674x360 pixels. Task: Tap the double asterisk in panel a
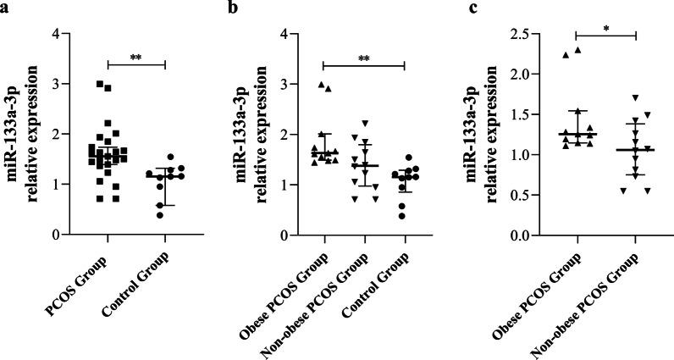click(135, 58)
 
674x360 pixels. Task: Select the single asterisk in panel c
click(605, 29)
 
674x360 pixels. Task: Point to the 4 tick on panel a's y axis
click(52, 34)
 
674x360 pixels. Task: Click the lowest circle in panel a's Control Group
click(160, 215)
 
